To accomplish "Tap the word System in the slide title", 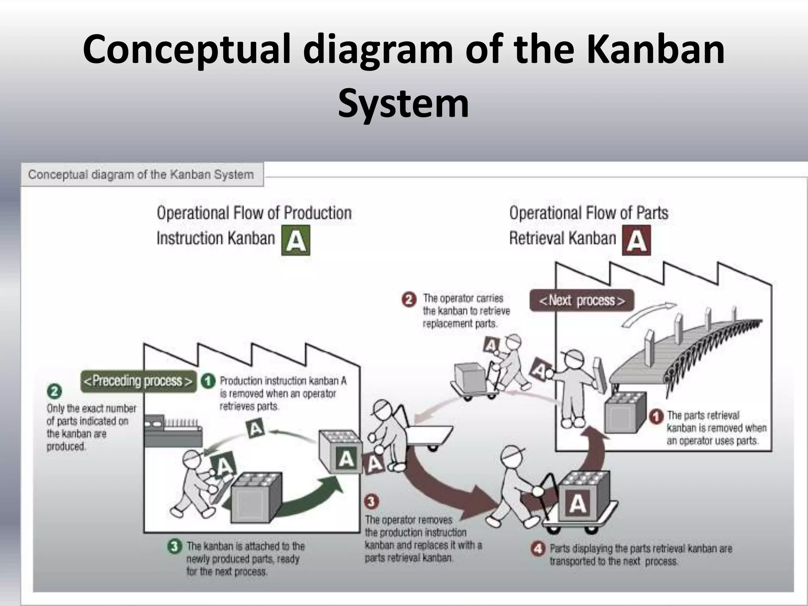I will tap(403, 103).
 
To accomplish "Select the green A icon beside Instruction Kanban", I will tap(296, 240).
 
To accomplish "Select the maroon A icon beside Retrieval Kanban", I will tap(636, 240).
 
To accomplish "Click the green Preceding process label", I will tap(138, 381).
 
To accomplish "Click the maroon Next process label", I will tap(582, 301).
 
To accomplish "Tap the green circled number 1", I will tap(208, 381).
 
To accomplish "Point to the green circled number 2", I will tap(54, 391).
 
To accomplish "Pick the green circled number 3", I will tap(174, 546).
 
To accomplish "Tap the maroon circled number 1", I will tap(656, 416).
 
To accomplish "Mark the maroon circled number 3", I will tap(371, 502).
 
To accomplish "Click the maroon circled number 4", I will tap(538, 549).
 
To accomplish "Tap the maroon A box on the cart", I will tap(577, 503).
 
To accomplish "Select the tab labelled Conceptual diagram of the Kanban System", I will tap(141, 174).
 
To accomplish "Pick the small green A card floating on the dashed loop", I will tap(256, 428).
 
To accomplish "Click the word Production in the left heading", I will tap(317, 213).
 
